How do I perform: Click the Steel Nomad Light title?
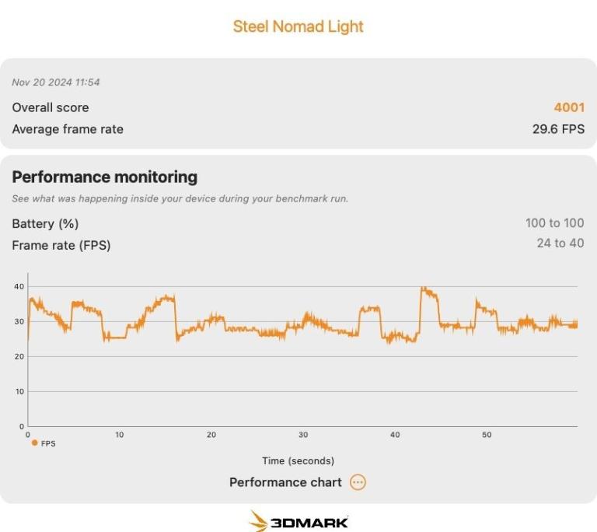click(x=298, y=26)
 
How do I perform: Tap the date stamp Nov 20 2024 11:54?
click(x=56, y=82)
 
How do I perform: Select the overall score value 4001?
click(x=568, y=107)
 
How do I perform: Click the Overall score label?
click(x=51, y=107)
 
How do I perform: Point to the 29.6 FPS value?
click(x=557, y=129)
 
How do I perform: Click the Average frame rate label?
click(x=68, y=129)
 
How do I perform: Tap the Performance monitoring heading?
click(x=104, y=177)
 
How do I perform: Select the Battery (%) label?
click(x=45, y=223)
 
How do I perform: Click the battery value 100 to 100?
click(x=554, y=223)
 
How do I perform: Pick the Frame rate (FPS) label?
click(x=61, y=245)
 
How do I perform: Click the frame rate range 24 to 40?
click(x=560, y=243)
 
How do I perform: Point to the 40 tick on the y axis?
click(x=19, y=287)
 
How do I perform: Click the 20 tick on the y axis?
click(x=19, y=356)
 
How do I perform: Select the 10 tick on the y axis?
click(x=19, y=391)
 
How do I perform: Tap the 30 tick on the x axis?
click(x=303, y=435)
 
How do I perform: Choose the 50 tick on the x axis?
click(x=487, y=435)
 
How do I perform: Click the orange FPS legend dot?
click(x=34, y=443)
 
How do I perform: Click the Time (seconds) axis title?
click(x=298, y=460)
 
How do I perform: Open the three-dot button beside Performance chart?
click(x=358, y=482)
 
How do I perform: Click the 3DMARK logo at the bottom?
click(x=298, y=521)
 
